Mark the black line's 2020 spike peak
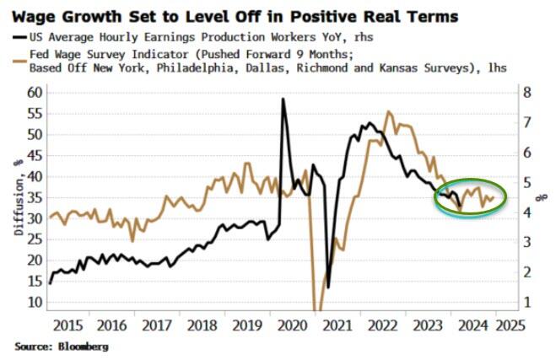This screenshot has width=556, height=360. [282, 99]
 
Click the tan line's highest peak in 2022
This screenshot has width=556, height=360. [388, 111]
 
